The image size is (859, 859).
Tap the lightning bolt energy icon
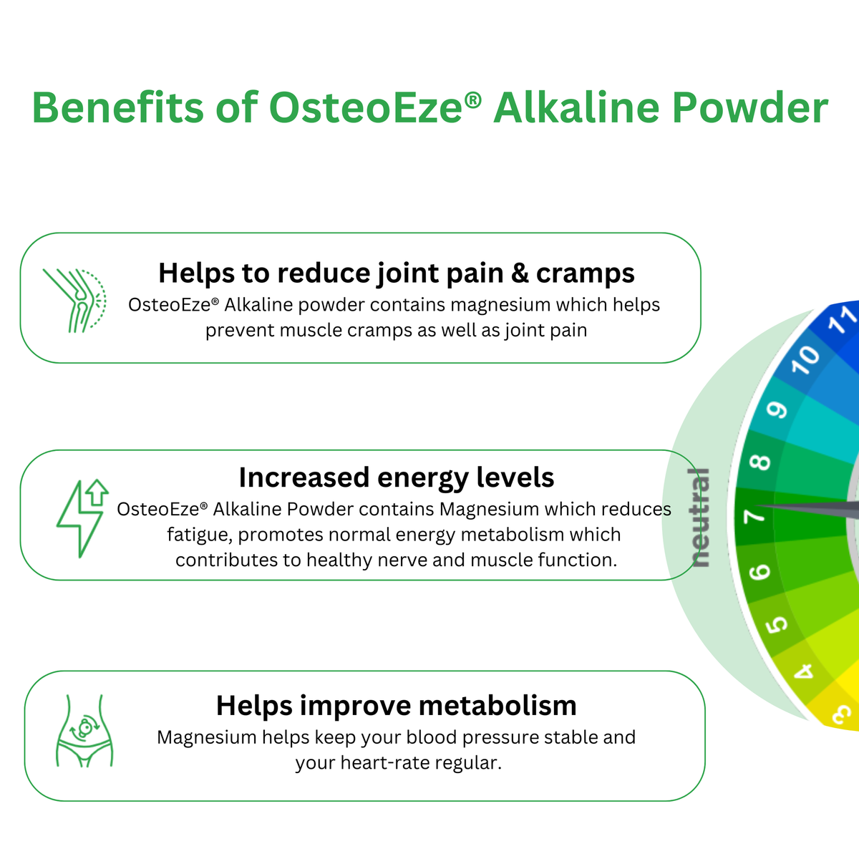[x=83, y=518]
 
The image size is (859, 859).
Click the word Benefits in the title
[x=117, y=107]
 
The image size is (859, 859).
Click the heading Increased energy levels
[x=397, y=477]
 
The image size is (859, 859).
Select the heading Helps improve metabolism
[x=397, y=706]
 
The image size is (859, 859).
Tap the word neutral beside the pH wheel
[x=699, y=518]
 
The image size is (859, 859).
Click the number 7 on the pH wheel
[x=754, y=517]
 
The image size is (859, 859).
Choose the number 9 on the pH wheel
[x=776, y=409]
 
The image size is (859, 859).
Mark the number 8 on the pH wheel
[x=759, y=462]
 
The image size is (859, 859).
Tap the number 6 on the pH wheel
[x=759, y=572]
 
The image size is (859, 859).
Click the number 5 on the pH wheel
[x=776, y=625]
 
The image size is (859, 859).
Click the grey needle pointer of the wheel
[x=807, y=509]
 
